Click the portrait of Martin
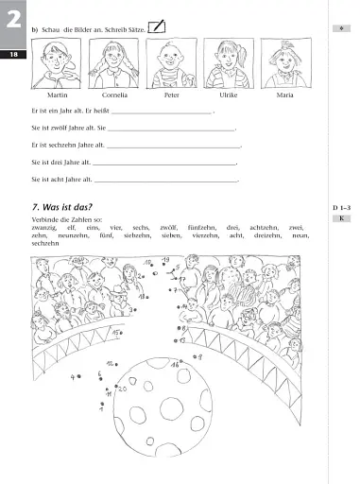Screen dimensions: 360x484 pyautogui.click(x=56, y=64)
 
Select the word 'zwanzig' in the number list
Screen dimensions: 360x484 pyautogui.click(x=44, y=228)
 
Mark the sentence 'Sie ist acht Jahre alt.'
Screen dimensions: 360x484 pyautogui.click(x=61, y=178)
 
